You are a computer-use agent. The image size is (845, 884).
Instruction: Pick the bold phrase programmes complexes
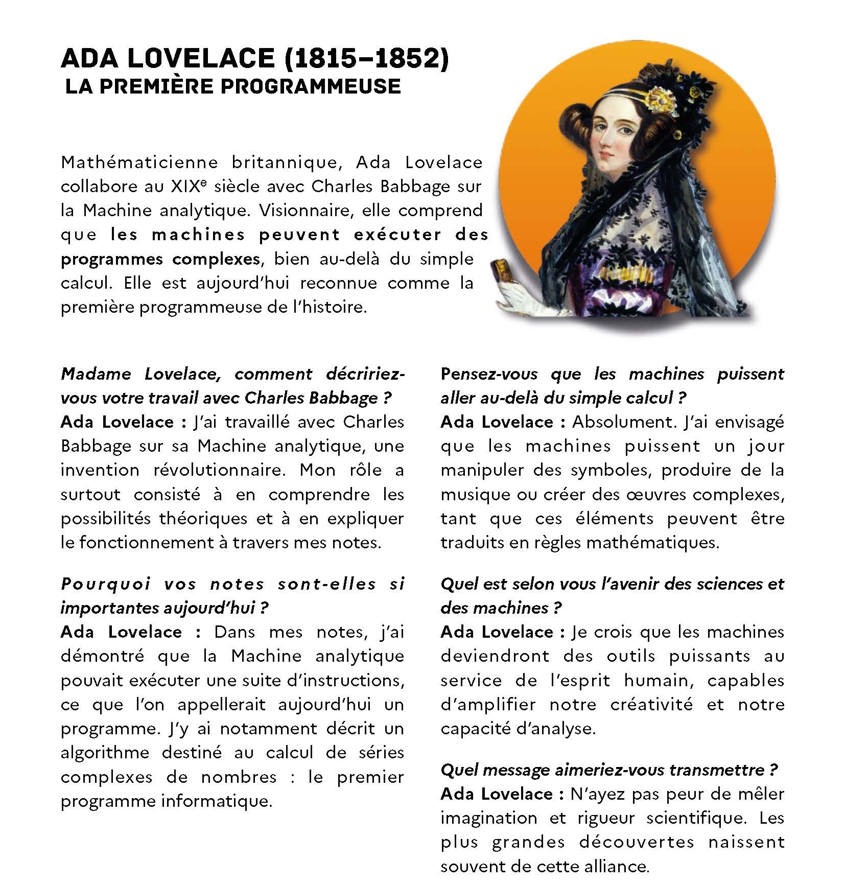tap(160, 259)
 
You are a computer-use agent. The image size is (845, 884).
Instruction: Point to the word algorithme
tap(105, 753)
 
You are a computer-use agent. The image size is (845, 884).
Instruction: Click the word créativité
tap(651, 705)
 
